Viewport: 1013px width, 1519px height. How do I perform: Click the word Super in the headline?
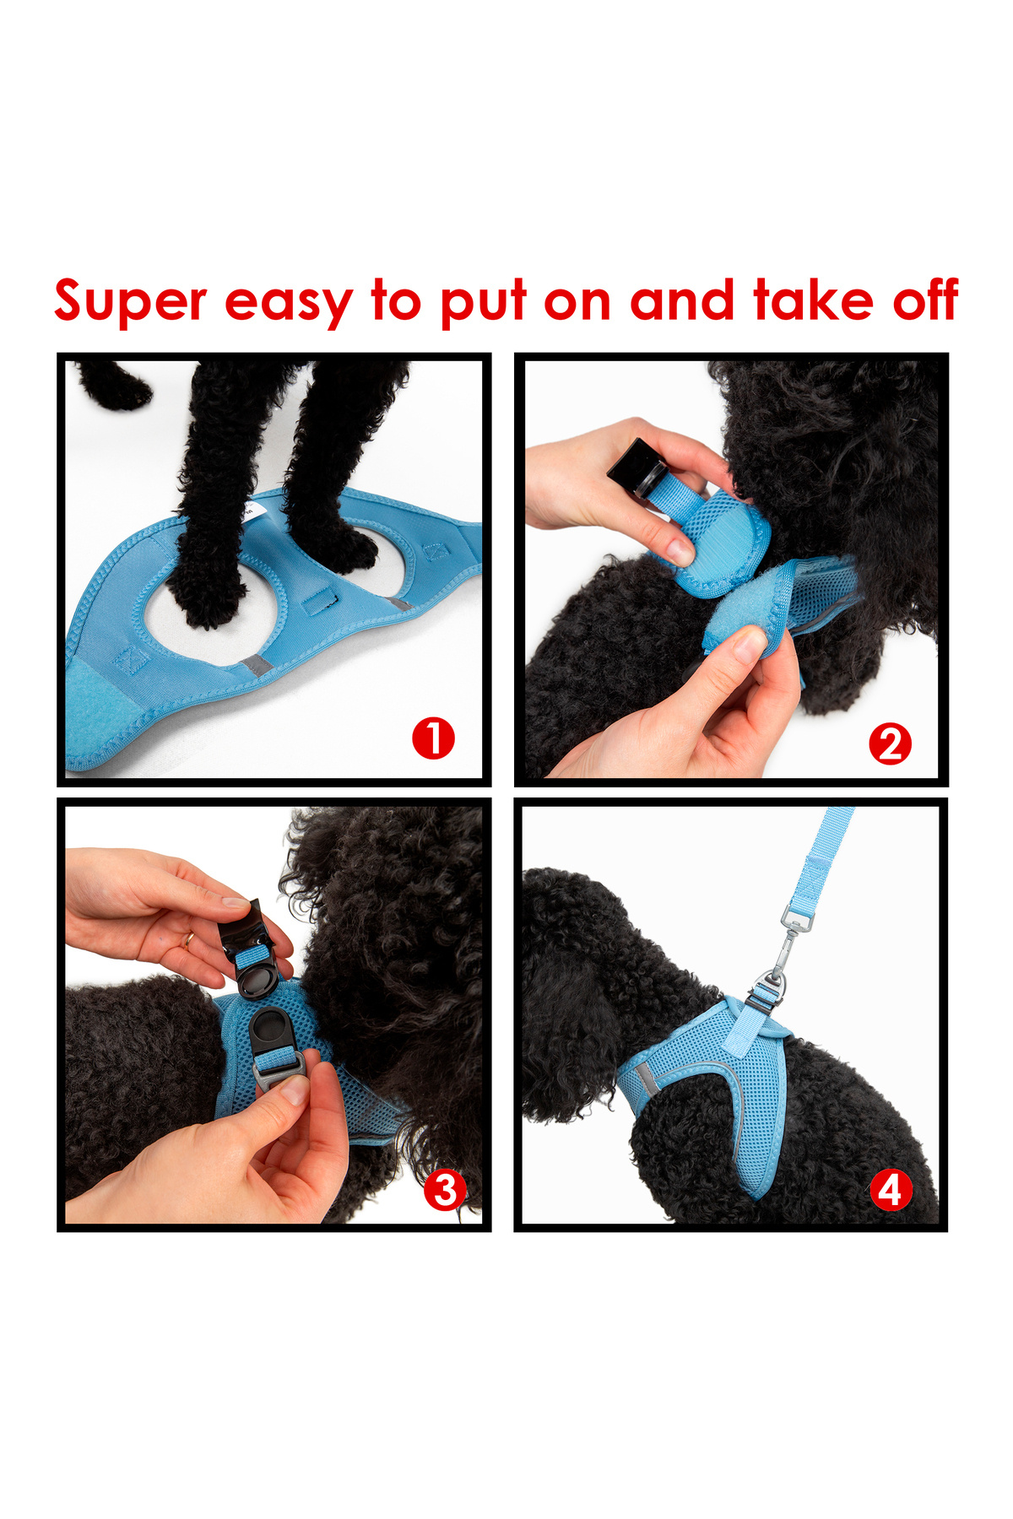pyautogui.click(x=130, y=302)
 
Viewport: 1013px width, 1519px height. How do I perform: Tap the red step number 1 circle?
pyautogui.click(x=433, y=738)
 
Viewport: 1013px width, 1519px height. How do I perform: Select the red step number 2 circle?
pyautogui.click(x=890, y=744)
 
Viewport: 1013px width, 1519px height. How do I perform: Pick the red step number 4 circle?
pyautogui.click(x=891, y=1191)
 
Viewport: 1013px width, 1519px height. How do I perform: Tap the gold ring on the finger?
pyautogui.click(x=189, y=940)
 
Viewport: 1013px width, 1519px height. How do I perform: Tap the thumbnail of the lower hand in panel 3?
pyautogui.click(x=295, y=1090)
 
